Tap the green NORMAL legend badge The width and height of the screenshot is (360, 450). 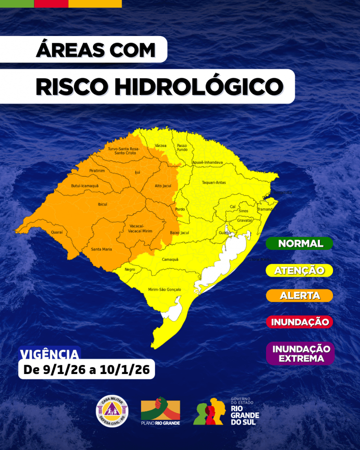tap(300, 244)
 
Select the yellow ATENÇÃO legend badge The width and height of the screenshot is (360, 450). tap(299, 270)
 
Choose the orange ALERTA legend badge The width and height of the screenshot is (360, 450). tap(300, 295)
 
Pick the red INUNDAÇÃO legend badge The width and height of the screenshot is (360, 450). tap(299, 322)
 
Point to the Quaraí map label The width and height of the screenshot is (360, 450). tap(57, 232)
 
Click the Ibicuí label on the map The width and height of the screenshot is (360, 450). tap(102, 204)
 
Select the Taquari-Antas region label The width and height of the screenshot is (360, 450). tap(213, 183)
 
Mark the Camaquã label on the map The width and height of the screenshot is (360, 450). tap(170, 259)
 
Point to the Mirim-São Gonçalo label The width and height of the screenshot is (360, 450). tap(164, 290)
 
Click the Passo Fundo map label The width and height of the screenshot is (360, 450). tap(182, 147)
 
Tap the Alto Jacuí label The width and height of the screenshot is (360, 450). tap(163, 185)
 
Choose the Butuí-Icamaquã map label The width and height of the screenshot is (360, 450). tap(84, 185)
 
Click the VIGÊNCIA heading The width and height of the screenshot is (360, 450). tap(50, 353)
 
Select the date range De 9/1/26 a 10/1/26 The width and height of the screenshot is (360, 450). tap(87, 370)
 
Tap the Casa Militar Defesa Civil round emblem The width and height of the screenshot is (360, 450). tap(112, 411)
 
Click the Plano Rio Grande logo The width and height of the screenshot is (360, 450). tap(160, 411)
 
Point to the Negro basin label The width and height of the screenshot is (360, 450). tap(130, 269)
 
